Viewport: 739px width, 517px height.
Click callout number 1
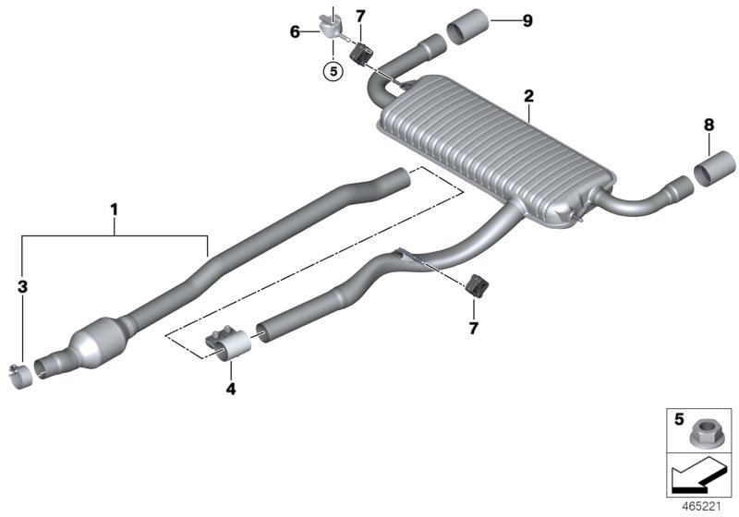114,211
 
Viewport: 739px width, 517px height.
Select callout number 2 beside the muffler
528,96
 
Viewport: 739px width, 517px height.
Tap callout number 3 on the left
24,287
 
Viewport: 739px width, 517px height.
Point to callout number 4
231,390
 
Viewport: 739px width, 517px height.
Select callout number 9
527,20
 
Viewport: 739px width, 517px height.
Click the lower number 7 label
473,328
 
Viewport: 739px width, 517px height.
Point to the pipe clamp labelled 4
229,347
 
